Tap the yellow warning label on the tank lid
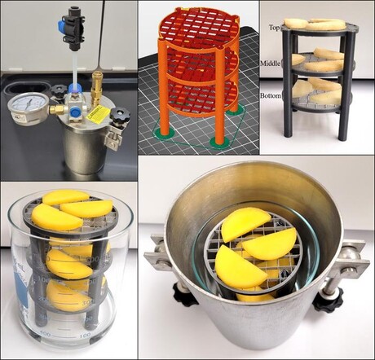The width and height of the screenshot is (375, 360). coord(98,115)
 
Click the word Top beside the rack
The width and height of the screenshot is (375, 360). coord(275,28)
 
